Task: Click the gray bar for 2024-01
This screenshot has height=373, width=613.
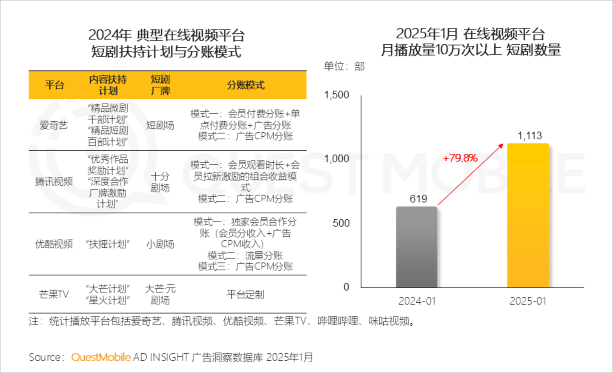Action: [x=416, y=247]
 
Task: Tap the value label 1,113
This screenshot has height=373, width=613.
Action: [x=530, y=136]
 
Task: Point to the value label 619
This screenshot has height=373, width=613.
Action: [x=418, y=199]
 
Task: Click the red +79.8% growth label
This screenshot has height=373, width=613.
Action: [x=460, y=158]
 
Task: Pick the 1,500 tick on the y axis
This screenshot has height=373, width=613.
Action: [x=336, y=95]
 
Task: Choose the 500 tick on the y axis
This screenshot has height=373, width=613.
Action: [x=341, y=223]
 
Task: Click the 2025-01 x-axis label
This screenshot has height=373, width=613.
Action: [x=528, y=301]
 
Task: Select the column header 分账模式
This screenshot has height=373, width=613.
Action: [x=246, y=85]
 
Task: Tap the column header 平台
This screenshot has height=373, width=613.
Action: [x=54, y=85]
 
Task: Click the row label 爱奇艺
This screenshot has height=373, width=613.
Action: [x=54, y=125]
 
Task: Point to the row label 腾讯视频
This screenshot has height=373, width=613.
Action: [x=54, y=181]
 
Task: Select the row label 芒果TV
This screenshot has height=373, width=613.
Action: [x=54, y=294]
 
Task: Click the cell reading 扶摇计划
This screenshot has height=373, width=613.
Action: [x=108, y=244]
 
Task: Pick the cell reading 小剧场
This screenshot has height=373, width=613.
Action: [x=160, y=244]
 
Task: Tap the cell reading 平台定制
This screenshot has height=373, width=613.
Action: [x=245, y=294]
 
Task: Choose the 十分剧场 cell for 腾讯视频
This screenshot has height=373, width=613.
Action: [x=160, y=182]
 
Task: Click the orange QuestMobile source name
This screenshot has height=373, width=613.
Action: [x=101, y=357]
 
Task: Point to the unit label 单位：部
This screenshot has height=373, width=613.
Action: [x=344, y=66]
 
